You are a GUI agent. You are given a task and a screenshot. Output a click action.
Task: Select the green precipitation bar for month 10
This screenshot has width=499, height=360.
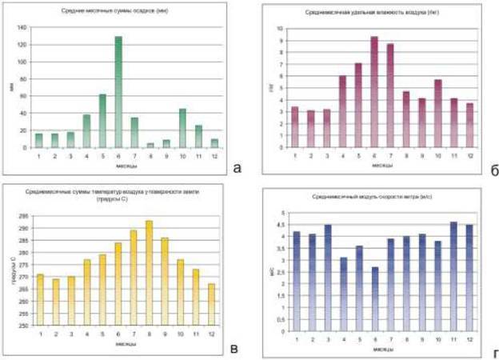(x=182, y=128)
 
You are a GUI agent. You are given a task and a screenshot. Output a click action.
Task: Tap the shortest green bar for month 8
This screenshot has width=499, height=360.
(x=151, y=145)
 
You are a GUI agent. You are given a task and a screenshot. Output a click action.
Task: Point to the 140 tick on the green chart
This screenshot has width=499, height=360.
(x=22, y=26)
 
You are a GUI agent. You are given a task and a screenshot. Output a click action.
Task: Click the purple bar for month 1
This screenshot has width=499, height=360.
(x=294, y=127)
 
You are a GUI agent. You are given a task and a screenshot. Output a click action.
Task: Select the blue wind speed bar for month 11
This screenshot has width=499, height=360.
(x=453, y=277)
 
